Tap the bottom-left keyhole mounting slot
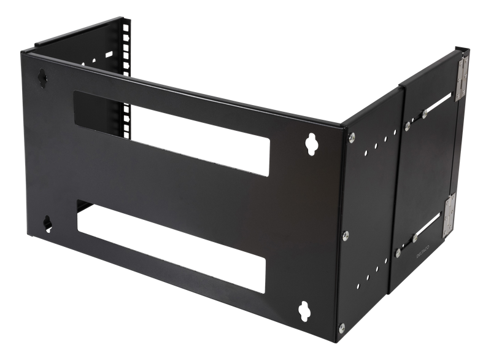pos(46,224)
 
